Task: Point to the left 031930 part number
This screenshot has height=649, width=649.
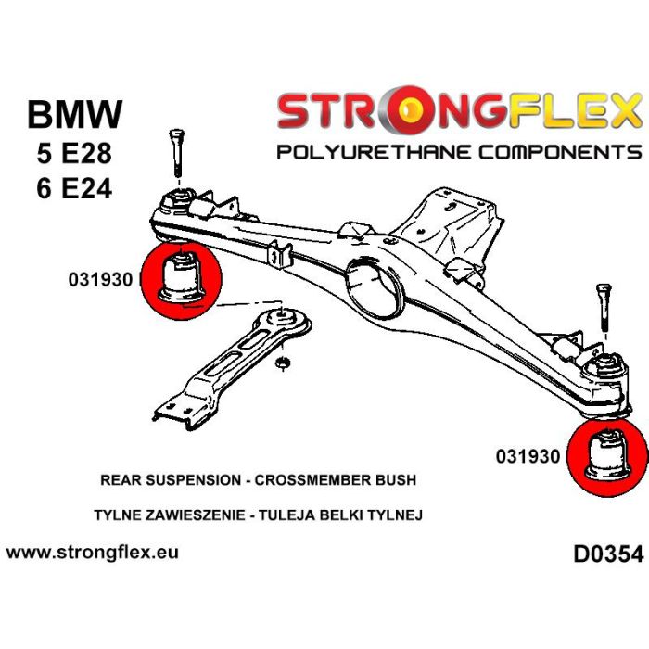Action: [x=99, y=277]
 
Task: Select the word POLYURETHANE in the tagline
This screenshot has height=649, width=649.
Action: [x=367, y=152]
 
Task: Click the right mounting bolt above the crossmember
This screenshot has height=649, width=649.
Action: [x=603, y=305]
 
